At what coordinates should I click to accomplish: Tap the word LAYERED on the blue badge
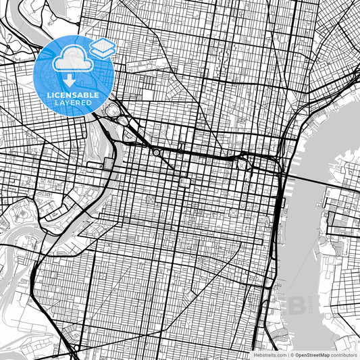click(74, 103)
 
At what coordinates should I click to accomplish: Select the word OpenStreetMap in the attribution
click(312, 354)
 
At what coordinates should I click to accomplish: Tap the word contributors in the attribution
click(344, 354)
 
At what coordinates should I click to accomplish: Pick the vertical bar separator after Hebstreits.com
click(287, 354)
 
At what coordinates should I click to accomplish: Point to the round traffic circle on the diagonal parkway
click(157, 153)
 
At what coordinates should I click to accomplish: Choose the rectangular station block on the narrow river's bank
click(110, 165)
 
